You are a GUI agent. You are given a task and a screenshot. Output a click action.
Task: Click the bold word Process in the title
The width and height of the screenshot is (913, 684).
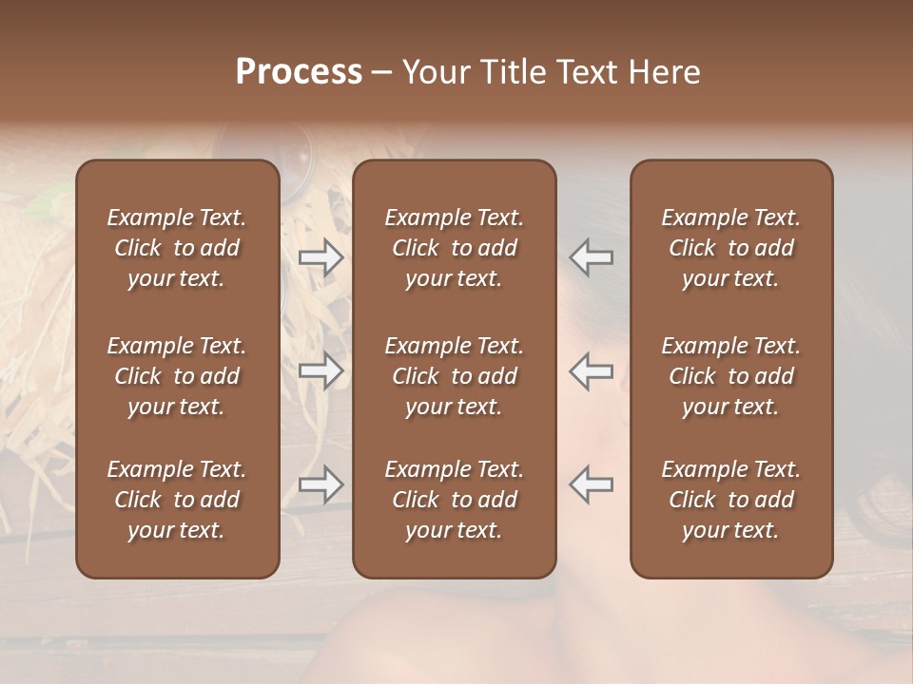[x=299, y=72]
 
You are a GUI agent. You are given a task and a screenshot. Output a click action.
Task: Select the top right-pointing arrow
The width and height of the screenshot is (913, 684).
[x=321, y=257]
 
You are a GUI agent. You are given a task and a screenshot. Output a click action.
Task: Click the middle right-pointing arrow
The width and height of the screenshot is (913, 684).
[x=321, y=371]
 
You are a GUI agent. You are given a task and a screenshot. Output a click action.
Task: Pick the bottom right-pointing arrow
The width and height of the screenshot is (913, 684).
[x=321, y=484]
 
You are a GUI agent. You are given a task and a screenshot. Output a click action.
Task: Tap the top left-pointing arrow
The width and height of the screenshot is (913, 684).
[x=592, y=257]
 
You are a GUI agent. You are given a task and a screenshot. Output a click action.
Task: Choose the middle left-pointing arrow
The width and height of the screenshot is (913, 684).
[x=592, y=371]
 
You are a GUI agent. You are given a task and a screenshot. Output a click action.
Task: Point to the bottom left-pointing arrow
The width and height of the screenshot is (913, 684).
[x=592, y=484]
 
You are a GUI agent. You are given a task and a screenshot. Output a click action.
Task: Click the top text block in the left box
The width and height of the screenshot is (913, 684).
[x=177, y=248]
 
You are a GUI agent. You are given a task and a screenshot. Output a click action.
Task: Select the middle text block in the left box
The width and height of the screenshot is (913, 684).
[x=177, y=376]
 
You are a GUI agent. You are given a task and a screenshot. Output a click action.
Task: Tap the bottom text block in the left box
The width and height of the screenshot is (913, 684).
[x=177, y=500]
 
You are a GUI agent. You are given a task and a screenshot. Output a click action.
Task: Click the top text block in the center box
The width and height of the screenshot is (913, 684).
[x=455, y=248]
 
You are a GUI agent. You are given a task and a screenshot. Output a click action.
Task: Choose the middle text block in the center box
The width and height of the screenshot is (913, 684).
[x=455, y=376]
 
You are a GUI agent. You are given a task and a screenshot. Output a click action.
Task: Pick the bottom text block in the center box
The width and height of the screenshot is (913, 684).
[x=455, y=500]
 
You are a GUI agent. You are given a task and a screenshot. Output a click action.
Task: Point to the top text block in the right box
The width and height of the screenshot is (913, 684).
[x=731, y=248]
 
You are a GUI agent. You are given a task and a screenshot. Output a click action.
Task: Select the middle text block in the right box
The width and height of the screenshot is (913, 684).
[x=731, y=376]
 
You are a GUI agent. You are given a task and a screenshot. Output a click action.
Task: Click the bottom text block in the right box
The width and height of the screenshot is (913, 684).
[x=731, y=500]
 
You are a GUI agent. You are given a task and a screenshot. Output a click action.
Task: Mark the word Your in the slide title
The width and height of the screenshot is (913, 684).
[x=433, y=72]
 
